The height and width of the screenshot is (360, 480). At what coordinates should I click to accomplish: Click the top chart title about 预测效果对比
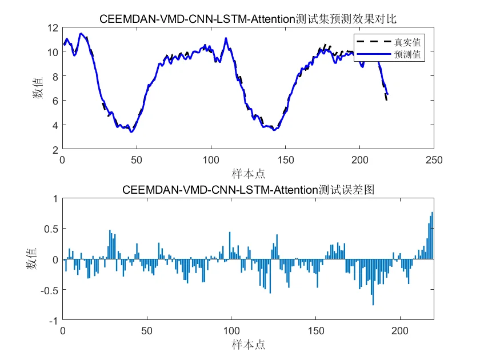248,19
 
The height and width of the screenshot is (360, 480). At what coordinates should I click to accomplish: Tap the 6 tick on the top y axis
55,101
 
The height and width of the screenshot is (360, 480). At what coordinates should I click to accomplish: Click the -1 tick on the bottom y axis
53,321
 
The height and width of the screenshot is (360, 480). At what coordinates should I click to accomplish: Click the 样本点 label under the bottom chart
248,345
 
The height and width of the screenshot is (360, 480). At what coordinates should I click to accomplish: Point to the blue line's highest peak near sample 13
81,34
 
